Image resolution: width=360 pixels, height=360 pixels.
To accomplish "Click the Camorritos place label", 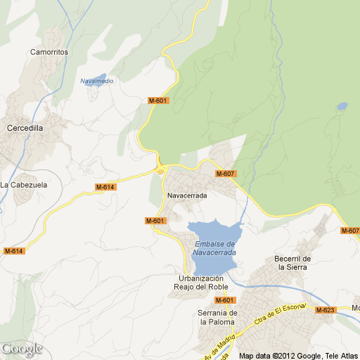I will pyautogui.click(x=49, y=52).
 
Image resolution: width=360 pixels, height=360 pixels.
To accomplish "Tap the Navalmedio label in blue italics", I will pyautogui.click(x=97, y=81).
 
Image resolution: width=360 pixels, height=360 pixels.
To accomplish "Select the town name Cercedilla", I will pyautogui.click(x=25, y=128).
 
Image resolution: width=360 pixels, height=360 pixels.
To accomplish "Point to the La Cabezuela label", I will pyautogui.click(x=23, y=185).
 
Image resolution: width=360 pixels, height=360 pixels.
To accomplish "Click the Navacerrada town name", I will pyautogui.click(x=187, y=195).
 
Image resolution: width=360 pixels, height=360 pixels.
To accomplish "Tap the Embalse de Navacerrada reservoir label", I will pyautogui.click(x=214, y=247).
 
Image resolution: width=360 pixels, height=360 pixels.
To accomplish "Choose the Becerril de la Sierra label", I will pyautogui.click(x=292, y=262).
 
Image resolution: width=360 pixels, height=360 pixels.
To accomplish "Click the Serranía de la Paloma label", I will pyautogui.click(x=218, y=317).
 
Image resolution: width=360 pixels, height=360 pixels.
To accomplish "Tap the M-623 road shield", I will pyautogui.click(x=325, y=309).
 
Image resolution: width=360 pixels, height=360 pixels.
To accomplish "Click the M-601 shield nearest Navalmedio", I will pyautogui.click(x=158, y=101).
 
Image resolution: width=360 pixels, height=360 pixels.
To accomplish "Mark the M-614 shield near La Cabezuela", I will pyautogui.click(x=105, y=186).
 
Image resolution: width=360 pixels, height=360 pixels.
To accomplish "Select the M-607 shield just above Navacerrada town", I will pyautogui.click(x=225, y=174).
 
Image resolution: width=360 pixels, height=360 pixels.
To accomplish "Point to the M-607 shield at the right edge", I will pyautogui.click(x=349, y=231).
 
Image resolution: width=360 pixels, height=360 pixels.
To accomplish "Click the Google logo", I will pyautogui.click(x=22, y=349).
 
